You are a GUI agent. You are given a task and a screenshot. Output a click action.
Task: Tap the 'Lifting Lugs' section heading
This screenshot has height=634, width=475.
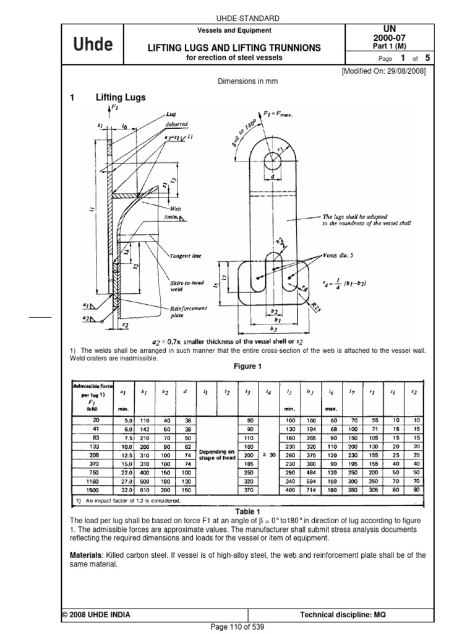coord(121,97)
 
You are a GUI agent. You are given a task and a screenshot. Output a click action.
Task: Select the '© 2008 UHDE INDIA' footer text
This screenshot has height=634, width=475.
coord(96,615)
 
